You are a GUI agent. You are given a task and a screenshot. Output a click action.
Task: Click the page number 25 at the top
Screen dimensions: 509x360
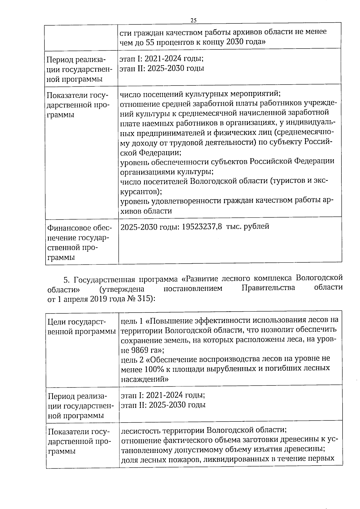click(x=193, y=20)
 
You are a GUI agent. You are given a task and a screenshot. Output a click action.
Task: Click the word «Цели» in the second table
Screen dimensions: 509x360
click(x=57, y=322)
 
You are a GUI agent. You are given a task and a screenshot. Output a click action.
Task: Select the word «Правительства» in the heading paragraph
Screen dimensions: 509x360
click(x=268, y=288)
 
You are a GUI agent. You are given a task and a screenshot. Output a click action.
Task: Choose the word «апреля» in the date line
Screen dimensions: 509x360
click(x=76, y=300)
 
